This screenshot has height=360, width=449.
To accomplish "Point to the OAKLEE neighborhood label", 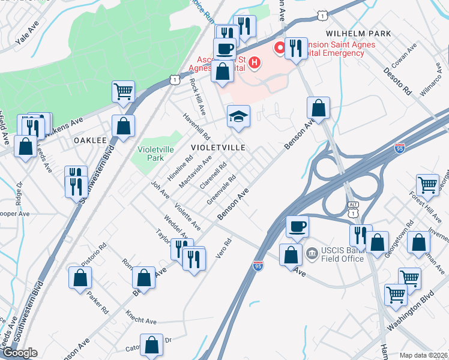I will pos(90,139).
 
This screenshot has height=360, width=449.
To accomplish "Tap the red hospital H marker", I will pos(254,62).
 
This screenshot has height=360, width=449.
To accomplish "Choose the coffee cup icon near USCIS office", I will pos(297,226).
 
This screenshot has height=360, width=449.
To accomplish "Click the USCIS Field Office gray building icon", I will pos(312,253).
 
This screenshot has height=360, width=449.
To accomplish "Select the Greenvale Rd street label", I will pos(221,190).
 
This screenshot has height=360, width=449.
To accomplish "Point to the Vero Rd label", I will pos(223,250).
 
